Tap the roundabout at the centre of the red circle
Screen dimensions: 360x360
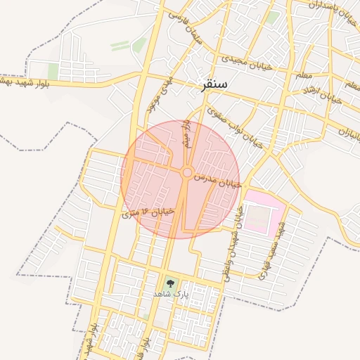188,172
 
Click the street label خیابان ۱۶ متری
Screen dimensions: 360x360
148,211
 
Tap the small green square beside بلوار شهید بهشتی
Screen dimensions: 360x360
53,71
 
